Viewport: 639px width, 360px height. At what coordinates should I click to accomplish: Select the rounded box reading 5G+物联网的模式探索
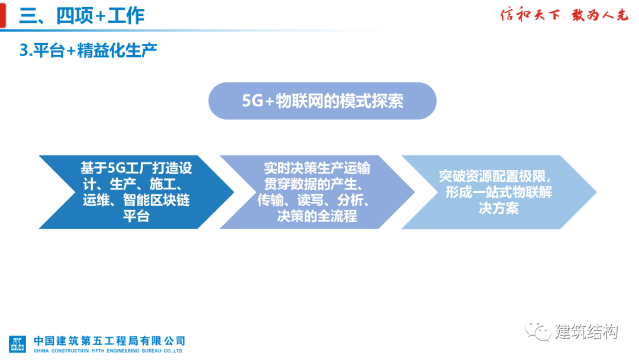322,101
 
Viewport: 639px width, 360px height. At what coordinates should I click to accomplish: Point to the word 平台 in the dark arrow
136,216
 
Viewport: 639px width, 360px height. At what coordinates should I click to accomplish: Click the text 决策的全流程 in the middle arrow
317,216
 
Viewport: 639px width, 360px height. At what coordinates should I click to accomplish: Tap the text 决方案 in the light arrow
498,208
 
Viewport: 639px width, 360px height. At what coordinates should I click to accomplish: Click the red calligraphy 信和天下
530,15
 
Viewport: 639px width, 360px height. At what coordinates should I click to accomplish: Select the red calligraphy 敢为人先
599,15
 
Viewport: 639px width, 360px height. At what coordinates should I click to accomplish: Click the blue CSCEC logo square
17,344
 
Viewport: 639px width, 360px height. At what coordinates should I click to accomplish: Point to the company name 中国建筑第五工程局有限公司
109,340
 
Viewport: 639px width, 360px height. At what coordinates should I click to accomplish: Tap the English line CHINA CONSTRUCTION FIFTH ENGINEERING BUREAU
109,351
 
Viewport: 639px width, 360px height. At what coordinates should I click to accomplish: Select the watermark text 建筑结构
586,332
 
